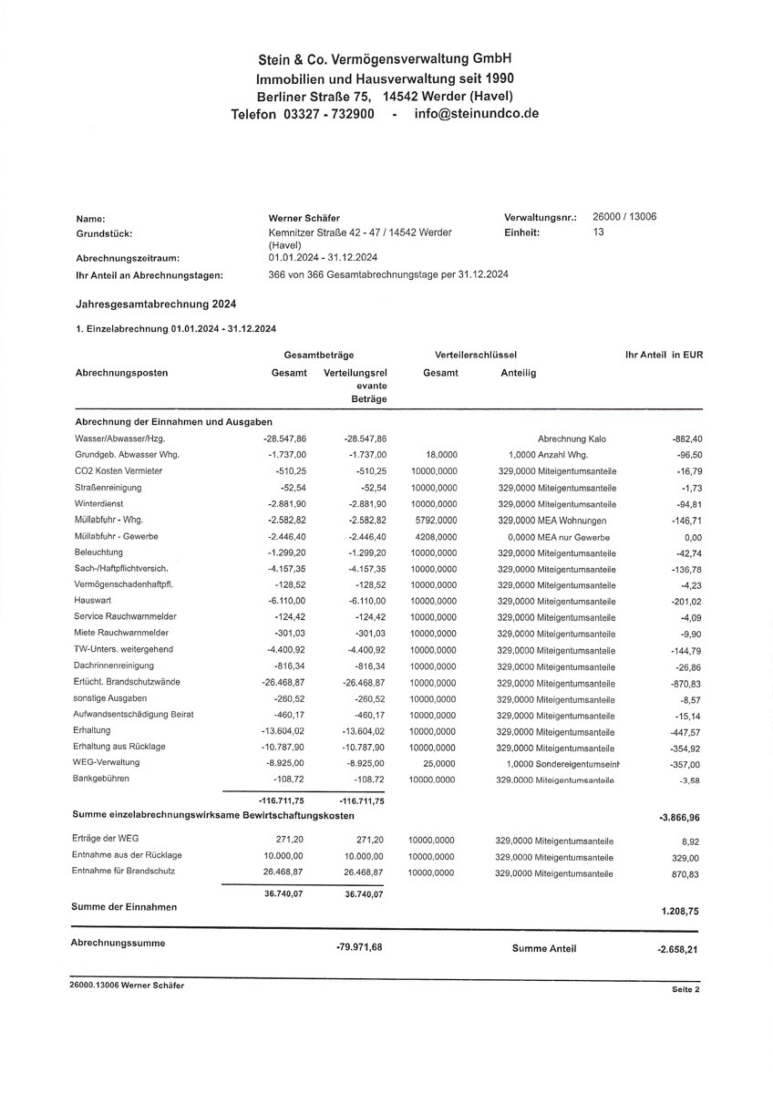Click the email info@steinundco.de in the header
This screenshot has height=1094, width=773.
477,114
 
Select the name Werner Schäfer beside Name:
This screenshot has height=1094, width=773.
304,218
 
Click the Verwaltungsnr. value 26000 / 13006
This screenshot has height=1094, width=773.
624,217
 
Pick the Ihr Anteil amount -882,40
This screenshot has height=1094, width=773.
686,439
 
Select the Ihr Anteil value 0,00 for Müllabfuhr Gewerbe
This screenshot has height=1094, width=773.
693,537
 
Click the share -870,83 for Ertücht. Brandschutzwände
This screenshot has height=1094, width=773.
686,684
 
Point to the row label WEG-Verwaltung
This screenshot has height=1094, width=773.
105,762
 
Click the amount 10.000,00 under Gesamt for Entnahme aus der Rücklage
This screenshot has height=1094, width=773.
283,856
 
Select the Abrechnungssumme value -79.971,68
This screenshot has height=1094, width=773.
359,947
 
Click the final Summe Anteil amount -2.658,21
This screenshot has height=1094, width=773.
679,949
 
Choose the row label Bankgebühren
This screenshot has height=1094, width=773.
101,779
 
